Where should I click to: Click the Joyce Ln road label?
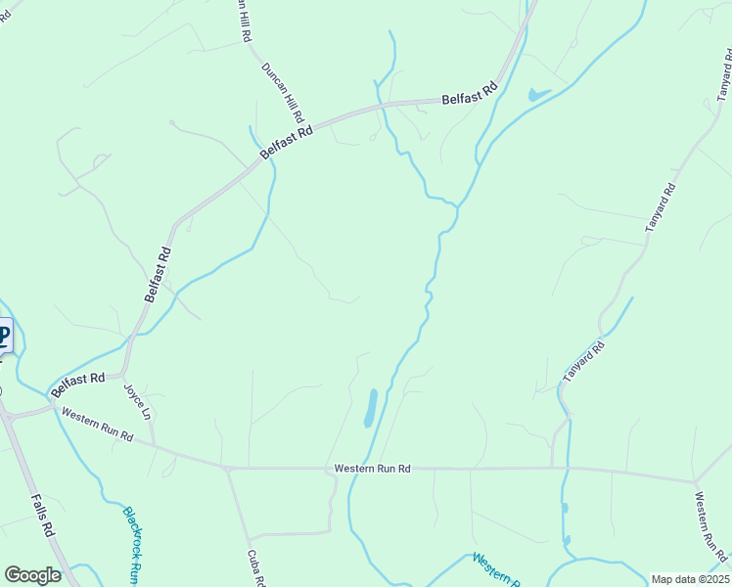138,401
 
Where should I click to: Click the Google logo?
32,575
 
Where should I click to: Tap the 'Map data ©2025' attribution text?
690,579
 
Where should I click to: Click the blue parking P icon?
3,338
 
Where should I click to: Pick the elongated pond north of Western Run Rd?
371,408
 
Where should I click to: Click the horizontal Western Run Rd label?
371,469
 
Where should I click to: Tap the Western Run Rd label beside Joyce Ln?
96,425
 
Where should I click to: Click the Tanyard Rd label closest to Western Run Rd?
583,361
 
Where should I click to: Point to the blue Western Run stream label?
494,568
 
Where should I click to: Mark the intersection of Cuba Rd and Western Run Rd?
227,469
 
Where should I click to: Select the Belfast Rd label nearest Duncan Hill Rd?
287,143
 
